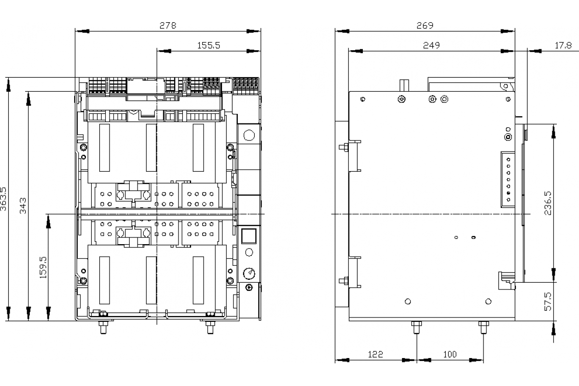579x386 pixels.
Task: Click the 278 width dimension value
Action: tap(168, 26)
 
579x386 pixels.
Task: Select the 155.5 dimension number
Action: tap(208, 45)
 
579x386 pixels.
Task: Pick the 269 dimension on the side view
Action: tap(425, 26)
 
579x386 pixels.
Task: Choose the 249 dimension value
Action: tap(431, 45)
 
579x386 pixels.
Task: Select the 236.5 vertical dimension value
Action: tap(549, 203)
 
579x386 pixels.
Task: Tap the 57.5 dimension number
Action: tap(549, 301)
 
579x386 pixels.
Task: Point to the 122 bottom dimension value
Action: tap(375, 355)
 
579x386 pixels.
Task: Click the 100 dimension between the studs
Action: tap(449, 355)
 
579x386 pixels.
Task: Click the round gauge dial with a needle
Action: tap(249, 274)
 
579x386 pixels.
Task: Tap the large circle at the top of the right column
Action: tap(249, 134)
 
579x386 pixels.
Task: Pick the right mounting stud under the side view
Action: tap(483, 328)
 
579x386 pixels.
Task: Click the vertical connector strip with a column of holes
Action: tap(508, 179)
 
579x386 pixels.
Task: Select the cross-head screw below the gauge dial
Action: tap(249, 288)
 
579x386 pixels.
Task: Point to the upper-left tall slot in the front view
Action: tap(105, 147)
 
